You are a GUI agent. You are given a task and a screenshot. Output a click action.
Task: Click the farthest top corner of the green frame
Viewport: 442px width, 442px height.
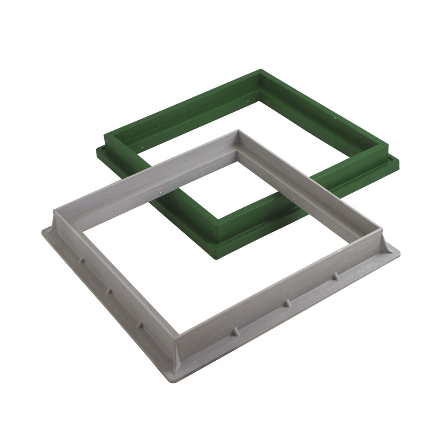pyautogui.click(x=261, y=70)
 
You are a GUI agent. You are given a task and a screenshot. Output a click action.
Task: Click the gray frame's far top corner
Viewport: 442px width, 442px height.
pyautogui.click(x=238, y=131)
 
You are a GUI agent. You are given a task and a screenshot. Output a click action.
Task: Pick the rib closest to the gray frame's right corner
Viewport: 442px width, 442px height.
pyautogui.click(x=335, y=276)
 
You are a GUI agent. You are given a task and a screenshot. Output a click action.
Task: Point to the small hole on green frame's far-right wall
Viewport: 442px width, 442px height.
pyautogui.click(x=335, y=118)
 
